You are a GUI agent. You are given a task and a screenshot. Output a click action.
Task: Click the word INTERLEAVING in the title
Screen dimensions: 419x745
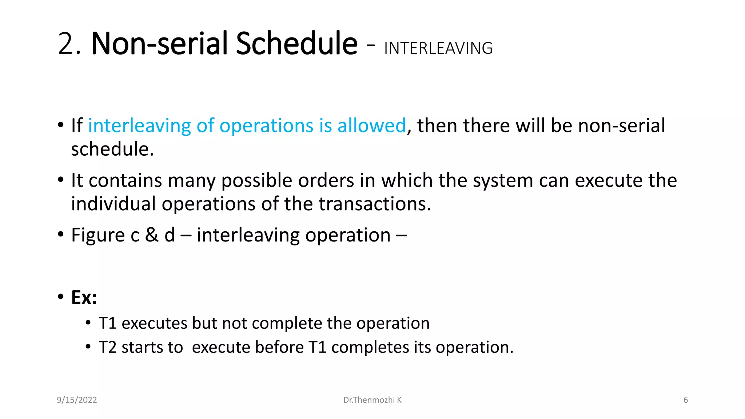coord(438,48)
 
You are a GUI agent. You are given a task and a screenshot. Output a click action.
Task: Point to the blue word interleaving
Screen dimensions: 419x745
coord(139,125)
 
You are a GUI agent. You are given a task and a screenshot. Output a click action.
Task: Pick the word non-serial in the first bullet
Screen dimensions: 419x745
coord(621,125)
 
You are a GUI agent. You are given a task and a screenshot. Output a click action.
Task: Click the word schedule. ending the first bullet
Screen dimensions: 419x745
coord(112,149)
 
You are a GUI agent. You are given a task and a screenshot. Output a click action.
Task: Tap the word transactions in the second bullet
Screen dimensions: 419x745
coord(375,204)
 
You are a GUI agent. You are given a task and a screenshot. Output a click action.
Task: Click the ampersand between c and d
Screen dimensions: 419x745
coord(152,235)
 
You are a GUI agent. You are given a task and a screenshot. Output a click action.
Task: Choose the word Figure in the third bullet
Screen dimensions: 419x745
coord(98,235)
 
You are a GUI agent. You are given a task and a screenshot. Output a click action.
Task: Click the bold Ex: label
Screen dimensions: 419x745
coord(84,298)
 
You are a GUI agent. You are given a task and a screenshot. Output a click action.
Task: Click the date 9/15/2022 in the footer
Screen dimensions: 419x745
coord(77,400)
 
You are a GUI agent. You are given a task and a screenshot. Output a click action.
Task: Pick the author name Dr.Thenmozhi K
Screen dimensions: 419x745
coord(372,400)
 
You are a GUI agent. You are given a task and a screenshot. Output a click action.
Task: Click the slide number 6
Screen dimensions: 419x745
coord(685,400)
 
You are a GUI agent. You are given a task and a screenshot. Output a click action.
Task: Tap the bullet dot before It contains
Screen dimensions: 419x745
coord(61,180)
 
